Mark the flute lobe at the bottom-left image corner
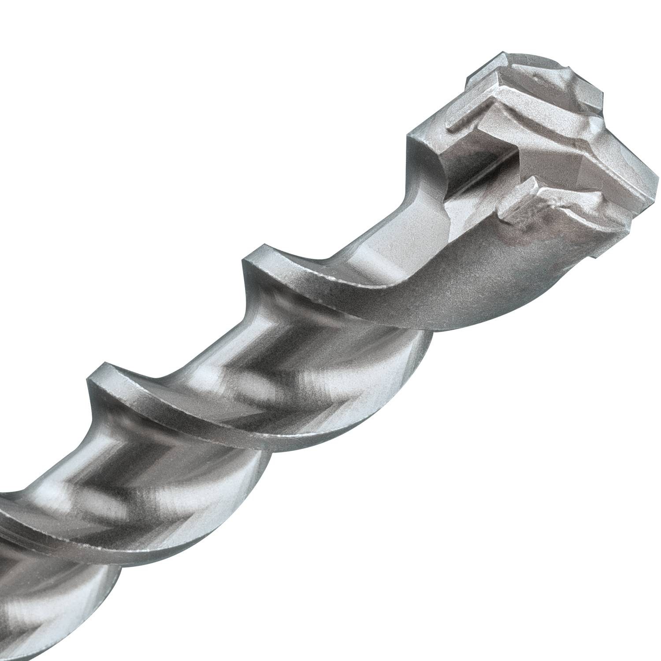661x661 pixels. [x=53, y=617]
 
